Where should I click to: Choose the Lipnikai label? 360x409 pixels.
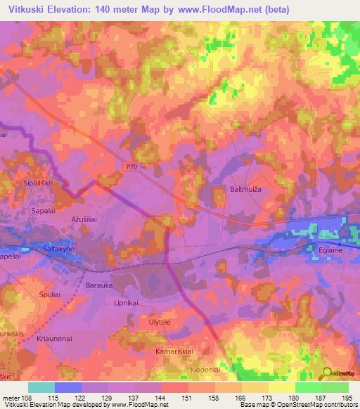[128, 304]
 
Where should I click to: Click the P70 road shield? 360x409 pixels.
[133, 167]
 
